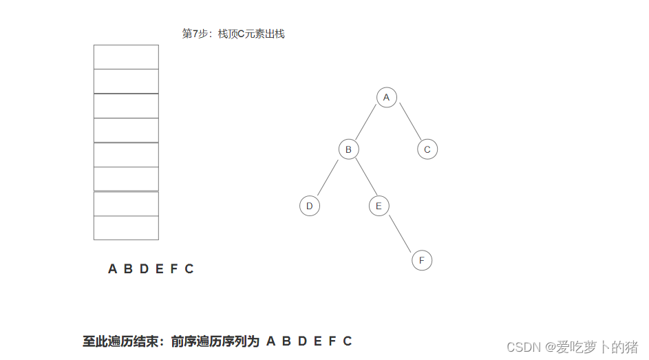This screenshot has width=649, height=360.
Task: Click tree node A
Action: [386, 98]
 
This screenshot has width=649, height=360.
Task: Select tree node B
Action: [348, 149]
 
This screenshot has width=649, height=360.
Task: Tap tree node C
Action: [427, 149]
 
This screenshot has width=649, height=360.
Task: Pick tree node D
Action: [310, 206]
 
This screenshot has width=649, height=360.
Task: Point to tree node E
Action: [379, 206]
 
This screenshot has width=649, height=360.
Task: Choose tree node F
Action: [421, 260]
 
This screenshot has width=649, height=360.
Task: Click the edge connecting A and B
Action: [368, 123]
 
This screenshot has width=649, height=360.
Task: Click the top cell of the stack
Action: [126, 57]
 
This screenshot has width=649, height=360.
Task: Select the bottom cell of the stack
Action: [126, 228]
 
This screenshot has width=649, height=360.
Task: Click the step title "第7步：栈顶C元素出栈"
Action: [233, 34]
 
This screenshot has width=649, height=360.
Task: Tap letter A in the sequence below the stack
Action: [112, 269]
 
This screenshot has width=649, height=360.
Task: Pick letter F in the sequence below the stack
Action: [173, 269]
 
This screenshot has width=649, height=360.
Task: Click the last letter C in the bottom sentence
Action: [348, 341]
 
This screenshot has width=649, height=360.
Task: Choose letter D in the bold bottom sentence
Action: [302, 341]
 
